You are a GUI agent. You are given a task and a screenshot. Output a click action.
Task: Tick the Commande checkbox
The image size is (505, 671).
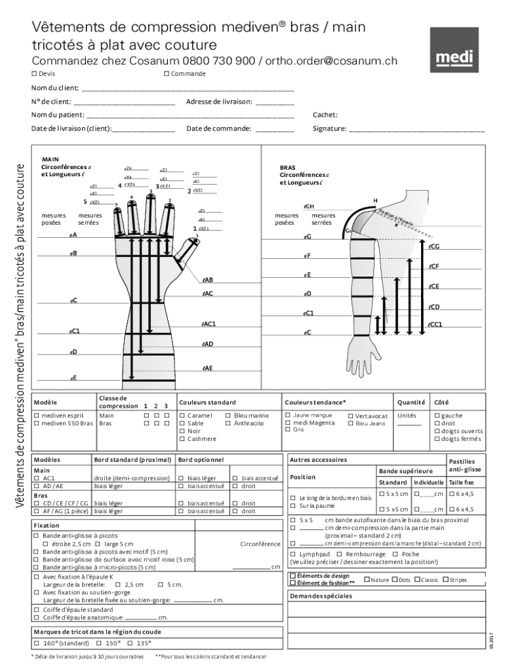(167, 73)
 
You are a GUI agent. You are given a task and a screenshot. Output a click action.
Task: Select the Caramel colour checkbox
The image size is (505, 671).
(181, 415)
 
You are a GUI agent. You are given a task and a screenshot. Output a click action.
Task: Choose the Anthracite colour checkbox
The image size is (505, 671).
(228, 423)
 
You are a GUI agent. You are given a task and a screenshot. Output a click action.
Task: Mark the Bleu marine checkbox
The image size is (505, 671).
(228, 415)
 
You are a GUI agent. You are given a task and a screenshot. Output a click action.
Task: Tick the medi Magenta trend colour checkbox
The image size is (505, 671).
(287, 423)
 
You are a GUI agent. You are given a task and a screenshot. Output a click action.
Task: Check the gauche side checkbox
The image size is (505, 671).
(437, 415)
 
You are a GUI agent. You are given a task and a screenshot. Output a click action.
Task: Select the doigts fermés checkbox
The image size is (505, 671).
(437, 439)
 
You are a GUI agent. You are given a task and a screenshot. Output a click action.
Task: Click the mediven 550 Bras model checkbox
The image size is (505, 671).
(36, 423)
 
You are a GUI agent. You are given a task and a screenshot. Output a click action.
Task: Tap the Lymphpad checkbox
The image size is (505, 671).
(293, 554)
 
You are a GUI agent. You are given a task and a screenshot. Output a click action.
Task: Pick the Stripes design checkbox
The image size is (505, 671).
(445, 580)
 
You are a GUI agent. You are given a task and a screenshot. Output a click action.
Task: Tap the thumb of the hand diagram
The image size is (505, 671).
(190, 248)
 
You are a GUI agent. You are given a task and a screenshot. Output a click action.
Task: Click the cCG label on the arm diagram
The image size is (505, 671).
(434, 246)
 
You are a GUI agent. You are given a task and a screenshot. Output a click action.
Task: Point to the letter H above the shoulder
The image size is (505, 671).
(375, 200)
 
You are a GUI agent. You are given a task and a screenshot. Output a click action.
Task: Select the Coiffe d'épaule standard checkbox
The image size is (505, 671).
(36, 609)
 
